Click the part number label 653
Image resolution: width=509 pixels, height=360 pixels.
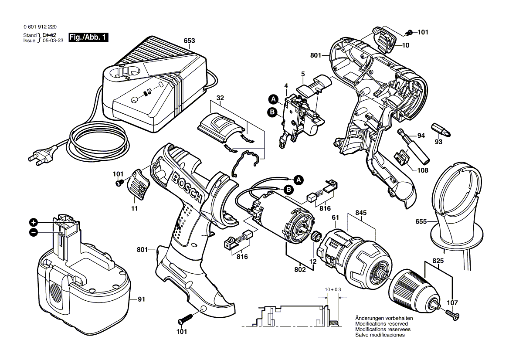tap(189, 41)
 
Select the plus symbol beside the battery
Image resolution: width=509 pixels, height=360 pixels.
tap(33, 221)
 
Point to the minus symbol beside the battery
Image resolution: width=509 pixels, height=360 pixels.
tap(33, 233)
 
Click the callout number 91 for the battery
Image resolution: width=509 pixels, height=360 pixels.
tap(142, 299)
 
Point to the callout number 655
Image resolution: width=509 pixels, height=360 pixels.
tap(421, 221)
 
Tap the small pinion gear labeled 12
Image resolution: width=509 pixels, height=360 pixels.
tap(316, 238)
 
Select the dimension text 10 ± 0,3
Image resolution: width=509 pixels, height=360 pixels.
tap(332, 289)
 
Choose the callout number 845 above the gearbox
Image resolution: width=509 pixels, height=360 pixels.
tap(361, 213)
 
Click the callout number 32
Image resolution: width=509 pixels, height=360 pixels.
tap(220, 98)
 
